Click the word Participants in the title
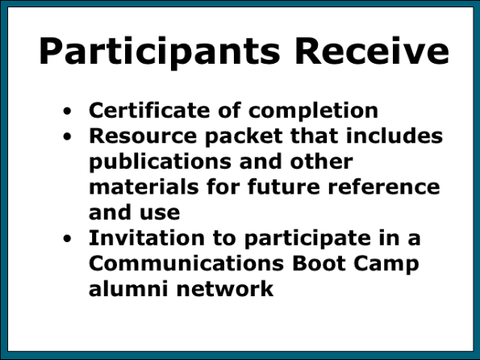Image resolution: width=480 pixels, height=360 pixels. [160, 52]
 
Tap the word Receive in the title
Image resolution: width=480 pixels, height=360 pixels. [372, 51]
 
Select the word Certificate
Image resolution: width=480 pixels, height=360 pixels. [149, 110]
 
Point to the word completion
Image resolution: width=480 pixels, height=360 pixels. [313, 111]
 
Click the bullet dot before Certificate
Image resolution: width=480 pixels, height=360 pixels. [67, 111]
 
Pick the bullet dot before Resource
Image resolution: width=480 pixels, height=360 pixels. [67, 136]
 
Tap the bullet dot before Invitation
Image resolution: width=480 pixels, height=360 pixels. [67, 238]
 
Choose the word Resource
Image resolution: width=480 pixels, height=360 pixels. [143, 136]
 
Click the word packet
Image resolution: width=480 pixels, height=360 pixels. [244, 136]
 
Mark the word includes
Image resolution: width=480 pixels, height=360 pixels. [394, 136]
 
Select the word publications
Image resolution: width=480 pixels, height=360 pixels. [160, 162]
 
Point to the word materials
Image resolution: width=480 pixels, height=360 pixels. [144, 186]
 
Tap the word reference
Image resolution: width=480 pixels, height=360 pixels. [384, 186]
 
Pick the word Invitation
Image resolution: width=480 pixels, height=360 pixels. [147, 238]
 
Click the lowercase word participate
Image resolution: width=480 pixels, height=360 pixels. [307, 239]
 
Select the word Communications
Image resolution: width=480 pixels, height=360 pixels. [186, 263]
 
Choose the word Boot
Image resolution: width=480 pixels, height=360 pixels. [319, 263]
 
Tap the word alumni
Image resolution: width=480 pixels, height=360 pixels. [128, 288]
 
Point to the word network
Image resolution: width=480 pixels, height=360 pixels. [225, 289]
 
